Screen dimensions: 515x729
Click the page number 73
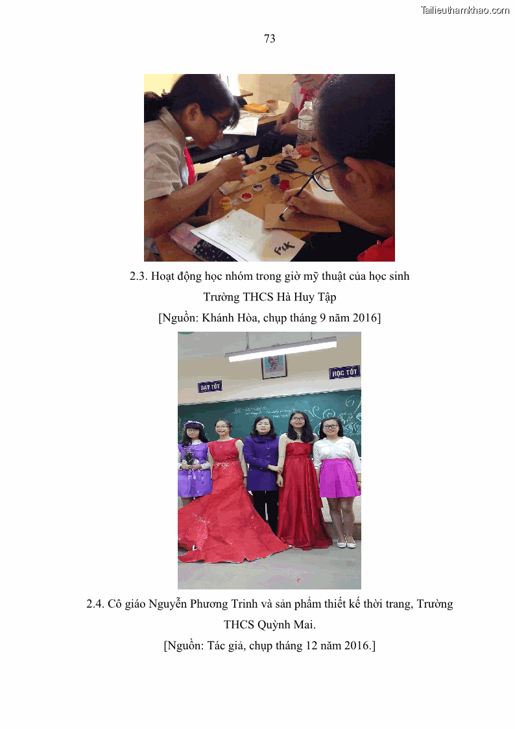269,38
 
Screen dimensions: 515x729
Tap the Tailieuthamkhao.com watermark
465,10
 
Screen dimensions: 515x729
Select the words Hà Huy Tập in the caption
307,297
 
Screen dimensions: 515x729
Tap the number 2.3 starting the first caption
138,276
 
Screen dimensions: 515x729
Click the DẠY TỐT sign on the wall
210,386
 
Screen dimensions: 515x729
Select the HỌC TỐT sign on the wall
344,373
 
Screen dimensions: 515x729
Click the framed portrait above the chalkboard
274,366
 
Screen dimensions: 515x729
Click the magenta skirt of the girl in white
339,478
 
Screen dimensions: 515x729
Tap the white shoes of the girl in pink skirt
346,543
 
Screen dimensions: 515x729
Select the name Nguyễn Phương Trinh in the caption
203,604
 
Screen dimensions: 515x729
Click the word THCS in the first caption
258,297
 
